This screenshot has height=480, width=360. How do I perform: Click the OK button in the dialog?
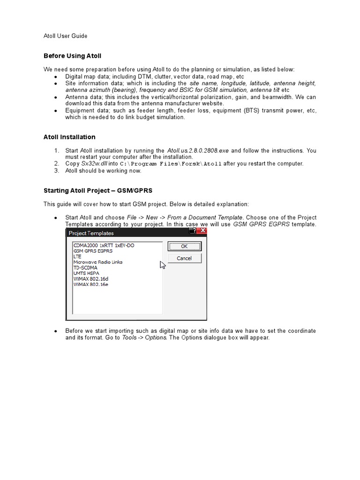click(184, 246)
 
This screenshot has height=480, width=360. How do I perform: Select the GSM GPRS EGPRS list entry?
click(93, 251)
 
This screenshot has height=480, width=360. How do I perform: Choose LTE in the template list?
click(77, 256)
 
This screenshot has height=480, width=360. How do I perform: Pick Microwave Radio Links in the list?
click(97, 262)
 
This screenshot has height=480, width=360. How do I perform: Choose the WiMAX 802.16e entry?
click(91, 284)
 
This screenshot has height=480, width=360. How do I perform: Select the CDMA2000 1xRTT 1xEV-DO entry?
click(103, 245)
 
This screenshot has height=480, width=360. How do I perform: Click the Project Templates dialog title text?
click(91, 233)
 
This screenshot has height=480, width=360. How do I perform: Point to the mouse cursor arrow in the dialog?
click(163, 265)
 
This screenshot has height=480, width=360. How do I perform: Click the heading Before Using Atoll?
click(72, 56)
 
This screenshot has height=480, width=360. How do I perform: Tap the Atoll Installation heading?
click(69, 137)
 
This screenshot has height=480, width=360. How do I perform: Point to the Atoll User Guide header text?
click(65, 36)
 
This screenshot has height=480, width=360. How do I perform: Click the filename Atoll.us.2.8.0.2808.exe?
click(198, 150)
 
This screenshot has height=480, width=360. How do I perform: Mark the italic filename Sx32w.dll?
click(94, 164)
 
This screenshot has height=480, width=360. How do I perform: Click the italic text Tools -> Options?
click(144, 337)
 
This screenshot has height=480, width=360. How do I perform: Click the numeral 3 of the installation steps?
click(56, 171)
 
